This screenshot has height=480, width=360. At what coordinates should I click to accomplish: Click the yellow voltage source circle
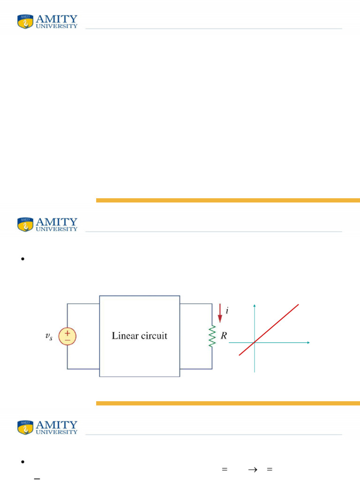[67, 336]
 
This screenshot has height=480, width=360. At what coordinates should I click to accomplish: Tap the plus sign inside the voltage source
[67, 332]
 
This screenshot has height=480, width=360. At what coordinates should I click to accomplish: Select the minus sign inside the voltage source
[67, 340]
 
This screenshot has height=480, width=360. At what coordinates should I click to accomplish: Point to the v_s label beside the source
[49, 337]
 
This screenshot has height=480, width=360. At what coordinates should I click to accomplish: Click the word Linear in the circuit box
[125, 336]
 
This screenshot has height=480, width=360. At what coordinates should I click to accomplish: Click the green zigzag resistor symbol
[212, 336]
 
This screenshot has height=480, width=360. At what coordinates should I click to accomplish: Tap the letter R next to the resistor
[224, 336]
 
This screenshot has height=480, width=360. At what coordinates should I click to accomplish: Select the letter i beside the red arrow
[227, 311]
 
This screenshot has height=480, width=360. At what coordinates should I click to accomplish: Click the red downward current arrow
[220, 314]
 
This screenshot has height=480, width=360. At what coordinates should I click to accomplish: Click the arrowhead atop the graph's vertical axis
[254, 306]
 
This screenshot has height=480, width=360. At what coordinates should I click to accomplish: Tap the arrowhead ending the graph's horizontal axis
[308, 343]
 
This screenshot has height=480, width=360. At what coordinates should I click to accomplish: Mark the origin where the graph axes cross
[254, 343]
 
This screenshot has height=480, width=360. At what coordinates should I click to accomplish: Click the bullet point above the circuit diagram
[22, 259]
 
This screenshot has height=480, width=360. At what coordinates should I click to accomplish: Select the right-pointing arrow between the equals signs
[253, 469]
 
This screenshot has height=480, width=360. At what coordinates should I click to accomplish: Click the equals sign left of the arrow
[225, 469]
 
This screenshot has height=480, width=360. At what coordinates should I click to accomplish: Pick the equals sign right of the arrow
[269, 469]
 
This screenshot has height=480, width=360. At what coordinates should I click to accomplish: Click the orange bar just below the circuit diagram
[228, 403]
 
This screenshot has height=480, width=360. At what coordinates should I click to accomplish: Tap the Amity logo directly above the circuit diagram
[47, 224]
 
